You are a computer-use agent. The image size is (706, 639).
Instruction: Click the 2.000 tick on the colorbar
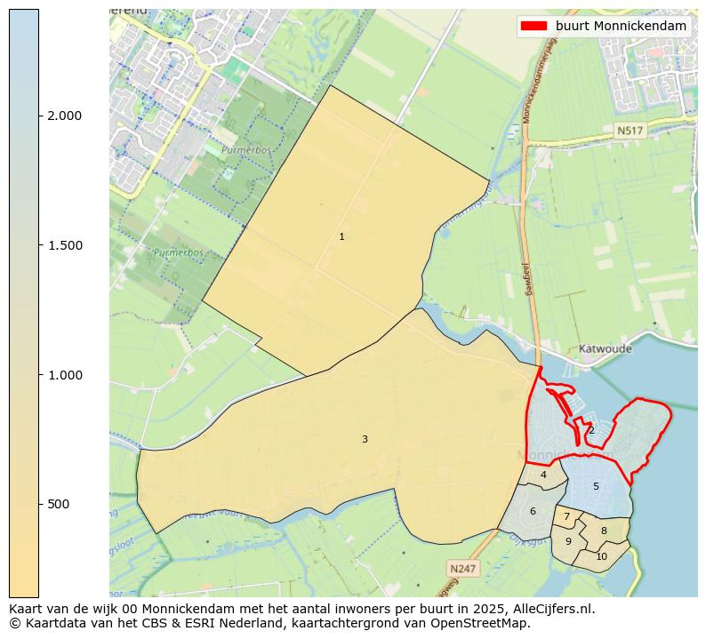click(64, 116)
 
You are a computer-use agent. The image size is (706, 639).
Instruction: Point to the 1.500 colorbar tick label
click(64, 245)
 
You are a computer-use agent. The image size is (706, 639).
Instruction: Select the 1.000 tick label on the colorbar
click(64, 375)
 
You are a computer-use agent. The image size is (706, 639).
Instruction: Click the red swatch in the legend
click(534, 27)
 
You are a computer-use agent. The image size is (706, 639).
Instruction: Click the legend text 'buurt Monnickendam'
click(621, 27)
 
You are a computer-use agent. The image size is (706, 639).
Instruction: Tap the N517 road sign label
click(630, 131)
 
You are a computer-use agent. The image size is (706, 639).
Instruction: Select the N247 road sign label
click(462, 568)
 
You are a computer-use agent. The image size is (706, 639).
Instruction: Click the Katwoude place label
click(605, 349)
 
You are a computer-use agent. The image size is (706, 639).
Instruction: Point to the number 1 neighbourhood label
click(341, 237)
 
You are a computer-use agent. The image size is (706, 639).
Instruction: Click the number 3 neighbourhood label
click(365, 439)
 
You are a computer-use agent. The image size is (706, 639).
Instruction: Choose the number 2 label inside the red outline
click(591, 430)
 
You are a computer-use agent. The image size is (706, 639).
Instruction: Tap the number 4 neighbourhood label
click(543, 475)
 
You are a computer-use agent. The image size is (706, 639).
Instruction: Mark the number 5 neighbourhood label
click(596, 486)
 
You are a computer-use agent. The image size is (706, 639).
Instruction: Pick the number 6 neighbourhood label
click(533, 511)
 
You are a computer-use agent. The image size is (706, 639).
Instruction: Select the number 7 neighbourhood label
click(566, 516)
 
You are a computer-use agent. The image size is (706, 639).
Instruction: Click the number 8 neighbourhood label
click(604, 531)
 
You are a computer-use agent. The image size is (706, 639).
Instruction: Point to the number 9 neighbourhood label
click(568, 541)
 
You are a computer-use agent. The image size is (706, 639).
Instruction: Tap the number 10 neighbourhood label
click(601, 557)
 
